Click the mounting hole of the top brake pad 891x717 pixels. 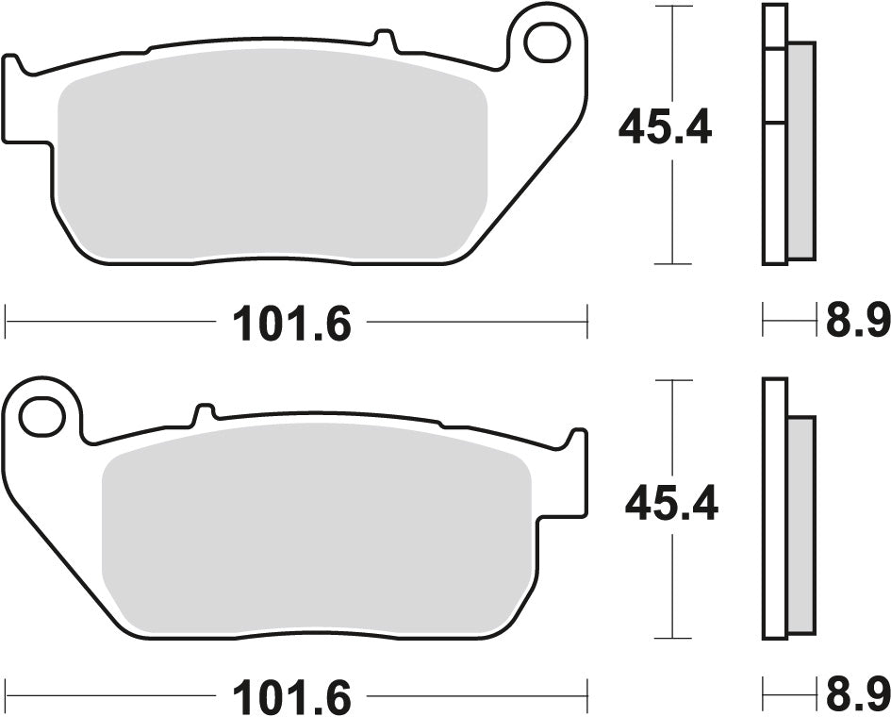pyautogui.click(x=545, y=42)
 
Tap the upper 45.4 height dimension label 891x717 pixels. pyautogui.click(x=664, y=128)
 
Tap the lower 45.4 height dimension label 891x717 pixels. pyautogui.click(x=670, y=504)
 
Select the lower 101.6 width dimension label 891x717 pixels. pyautogui.click(x=291, y=699)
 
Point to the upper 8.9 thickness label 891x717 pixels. pyautogui.click(x=857, y=323)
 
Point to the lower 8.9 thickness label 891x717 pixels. pyautogui.click(x=857, y=697)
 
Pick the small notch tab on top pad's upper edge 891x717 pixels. pyautogui.click(x=382, y=40)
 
